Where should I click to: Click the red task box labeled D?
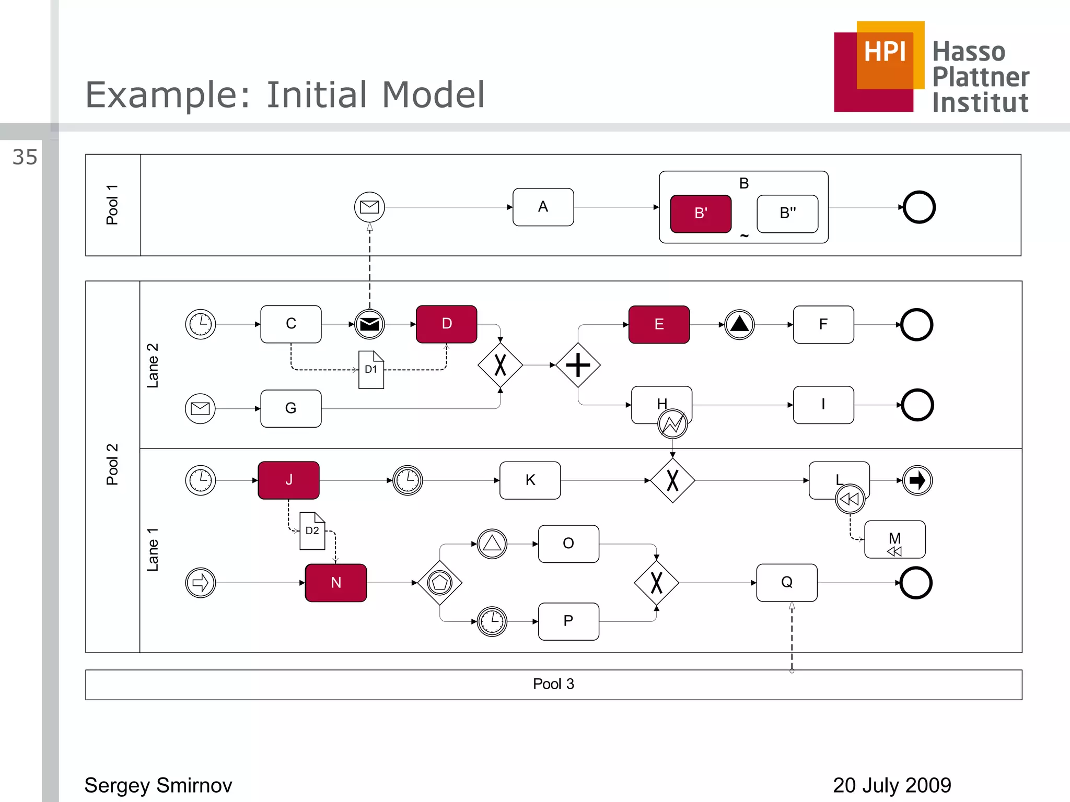click(446, 324)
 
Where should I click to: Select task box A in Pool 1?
click(543, 207)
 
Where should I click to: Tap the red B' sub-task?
click(701, 214)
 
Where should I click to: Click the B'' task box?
click(787, 214)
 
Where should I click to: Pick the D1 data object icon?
click(371, 370)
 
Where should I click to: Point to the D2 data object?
click(312, 531)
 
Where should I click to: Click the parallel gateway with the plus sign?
click(578, 365)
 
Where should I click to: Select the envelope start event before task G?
click(200, 408)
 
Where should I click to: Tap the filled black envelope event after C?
click(369, 324)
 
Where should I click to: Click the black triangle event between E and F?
click(739, 324)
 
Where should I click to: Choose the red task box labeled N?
click(336, 583)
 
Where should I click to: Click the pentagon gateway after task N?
click(440, 583)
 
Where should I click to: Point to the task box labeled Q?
click(787, 583)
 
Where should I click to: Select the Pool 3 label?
click(553, 684)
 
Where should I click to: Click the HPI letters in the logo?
click(885, 52)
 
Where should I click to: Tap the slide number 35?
click(25, 157)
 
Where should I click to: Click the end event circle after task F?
click(917, 325)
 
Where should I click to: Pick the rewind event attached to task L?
click(850, 499)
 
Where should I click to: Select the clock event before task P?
click(492, 621)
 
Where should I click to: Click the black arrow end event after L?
click(917, 480)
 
